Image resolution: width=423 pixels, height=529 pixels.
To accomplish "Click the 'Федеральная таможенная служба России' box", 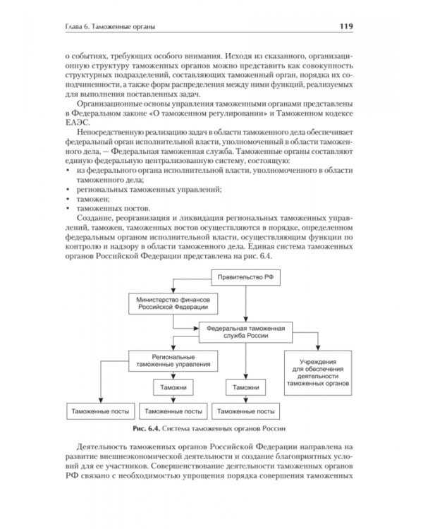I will click(245, 332).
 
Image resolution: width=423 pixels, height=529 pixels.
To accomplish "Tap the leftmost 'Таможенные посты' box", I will click(97, 410).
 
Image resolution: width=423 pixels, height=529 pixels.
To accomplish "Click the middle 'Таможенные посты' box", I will click(171, 410).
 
